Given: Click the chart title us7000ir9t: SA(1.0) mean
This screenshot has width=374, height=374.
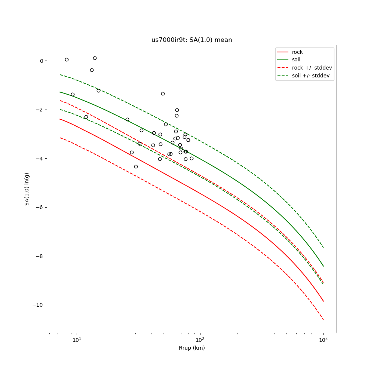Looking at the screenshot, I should click(x=191, y=40).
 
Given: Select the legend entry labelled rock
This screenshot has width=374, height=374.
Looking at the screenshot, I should click(x=297, y=52).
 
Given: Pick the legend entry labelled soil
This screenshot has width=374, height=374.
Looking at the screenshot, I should click(x=296, y=60).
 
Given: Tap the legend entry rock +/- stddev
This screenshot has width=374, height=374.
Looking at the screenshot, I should click(x=312, y=68).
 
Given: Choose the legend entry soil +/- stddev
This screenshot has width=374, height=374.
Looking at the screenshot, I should click(x=312, y=76).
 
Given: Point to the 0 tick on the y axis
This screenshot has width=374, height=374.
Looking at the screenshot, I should click(x=42, y=61).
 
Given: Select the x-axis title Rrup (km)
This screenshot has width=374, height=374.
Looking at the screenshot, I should click(x=191, y=348).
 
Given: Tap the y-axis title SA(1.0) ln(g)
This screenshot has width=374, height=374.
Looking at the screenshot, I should click(x=27, y=189).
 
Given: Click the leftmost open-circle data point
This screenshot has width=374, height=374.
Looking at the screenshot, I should click(x=67, y=59).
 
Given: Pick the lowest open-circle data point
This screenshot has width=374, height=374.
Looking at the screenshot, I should click(x=136, y=166).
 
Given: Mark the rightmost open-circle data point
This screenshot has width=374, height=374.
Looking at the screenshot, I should click(x=191, y=158).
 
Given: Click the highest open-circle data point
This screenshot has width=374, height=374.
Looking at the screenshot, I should click(x=95, y=58).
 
